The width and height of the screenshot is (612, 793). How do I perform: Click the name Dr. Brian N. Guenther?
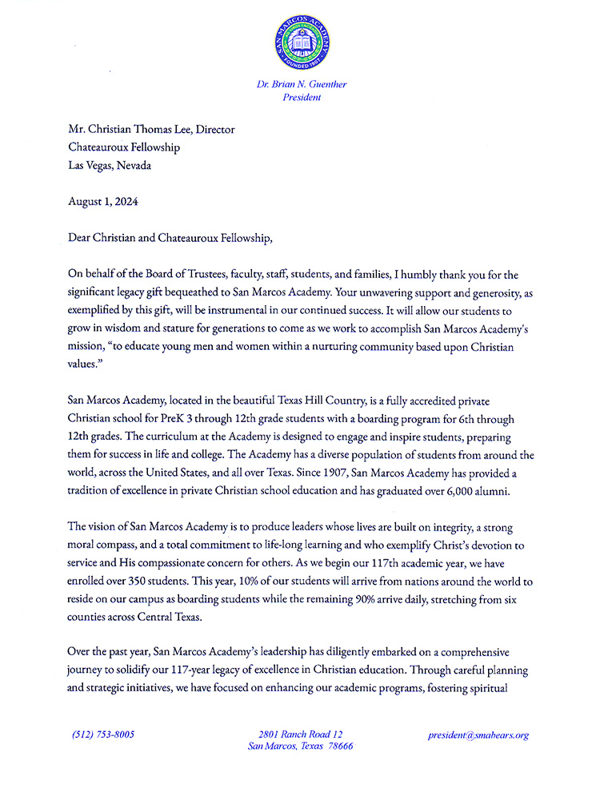point(302,84)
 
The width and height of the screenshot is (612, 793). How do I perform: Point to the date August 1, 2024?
point(103,202)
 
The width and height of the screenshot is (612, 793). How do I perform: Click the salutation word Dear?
point(83,238)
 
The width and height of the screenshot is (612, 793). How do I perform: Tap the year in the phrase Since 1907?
point(394,473)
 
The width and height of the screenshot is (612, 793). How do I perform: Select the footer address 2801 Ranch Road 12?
point(301,734)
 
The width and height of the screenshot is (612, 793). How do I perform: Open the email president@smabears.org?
point(478,735)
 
